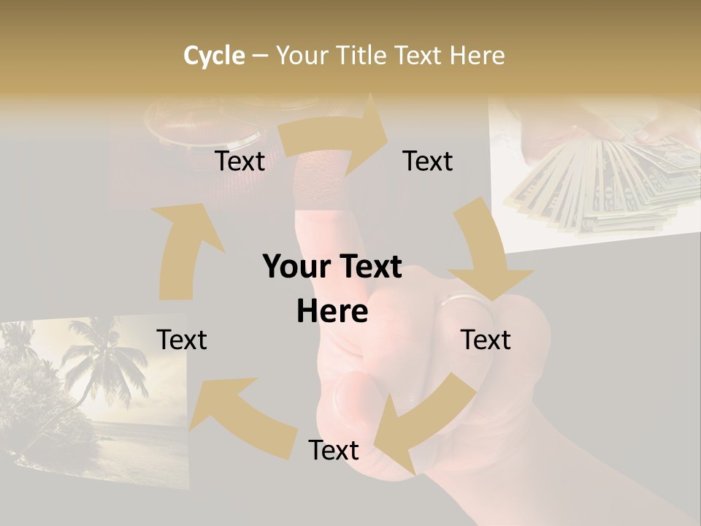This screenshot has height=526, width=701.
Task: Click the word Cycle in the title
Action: click(x=214, y=56)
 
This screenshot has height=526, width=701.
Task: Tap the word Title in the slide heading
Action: click(x=363, y=56)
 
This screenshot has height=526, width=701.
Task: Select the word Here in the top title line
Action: click(x=475, y=56)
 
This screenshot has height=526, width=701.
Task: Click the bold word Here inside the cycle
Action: click(x=332, y=311)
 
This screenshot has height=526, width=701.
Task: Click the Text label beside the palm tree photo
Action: click(x=182, y=340)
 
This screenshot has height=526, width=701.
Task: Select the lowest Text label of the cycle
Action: click(x=333, y=450)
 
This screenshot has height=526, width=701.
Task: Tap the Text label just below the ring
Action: click(x=486, y=340)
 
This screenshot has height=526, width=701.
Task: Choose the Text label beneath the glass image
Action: click(x=240, y=161)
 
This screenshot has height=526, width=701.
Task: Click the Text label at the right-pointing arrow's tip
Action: click(x=428, y=161)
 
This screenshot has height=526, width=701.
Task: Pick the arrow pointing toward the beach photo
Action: click(x=234, y=416)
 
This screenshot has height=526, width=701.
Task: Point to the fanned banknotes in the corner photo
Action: click(x=606, y=183)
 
